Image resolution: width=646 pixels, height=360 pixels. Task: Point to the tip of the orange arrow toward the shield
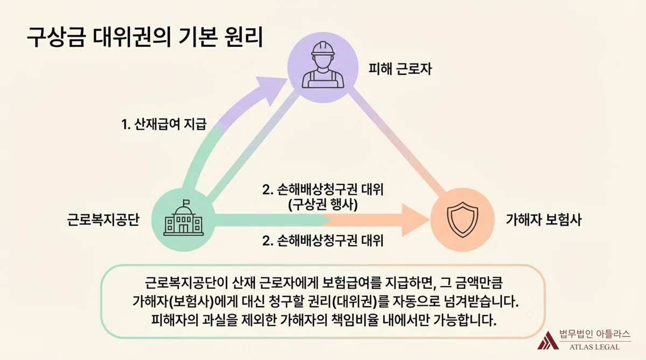430,221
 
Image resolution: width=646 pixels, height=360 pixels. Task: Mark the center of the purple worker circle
322,67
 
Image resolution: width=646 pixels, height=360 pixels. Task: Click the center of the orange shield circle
462,220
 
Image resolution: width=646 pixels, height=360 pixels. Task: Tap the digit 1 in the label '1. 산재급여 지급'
124,125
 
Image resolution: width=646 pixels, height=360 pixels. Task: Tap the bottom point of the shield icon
462,237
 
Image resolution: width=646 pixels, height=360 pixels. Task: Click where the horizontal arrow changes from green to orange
327,221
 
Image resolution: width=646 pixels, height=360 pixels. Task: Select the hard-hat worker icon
322,65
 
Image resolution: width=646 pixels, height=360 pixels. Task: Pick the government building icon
184,217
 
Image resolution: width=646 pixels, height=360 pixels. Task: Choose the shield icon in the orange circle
462,220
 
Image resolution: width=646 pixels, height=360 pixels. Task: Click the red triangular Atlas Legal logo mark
548,341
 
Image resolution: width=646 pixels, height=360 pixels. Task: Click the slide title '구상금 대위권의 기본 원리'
145,37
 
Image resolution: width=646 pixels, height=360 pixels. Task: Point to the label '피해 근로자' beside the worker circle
400,69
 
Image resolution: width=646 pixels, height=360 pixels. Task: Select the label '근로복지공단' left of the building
103,220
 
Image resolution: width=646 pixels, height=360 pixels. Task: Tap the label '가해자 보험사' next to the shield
544,220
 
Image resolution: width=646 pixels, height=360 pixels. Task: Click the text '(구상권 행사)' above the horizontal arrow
323,205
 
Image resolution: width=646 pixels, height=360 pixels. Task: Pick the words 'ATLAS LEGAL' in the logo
594,347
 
